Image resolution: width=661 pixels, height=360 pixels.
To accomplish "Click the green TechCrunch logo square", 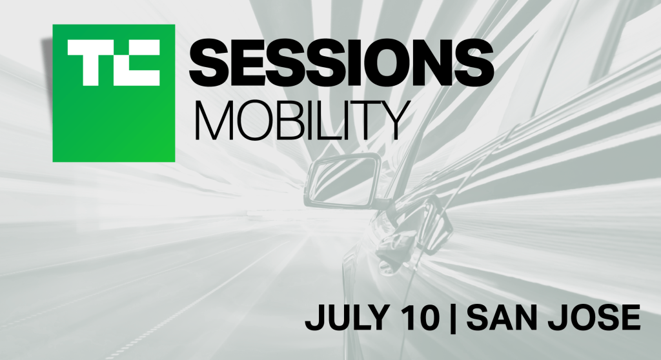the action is point(114,93).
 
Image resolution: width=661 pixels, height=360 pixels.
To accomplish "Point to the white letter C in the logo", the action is point(137,63).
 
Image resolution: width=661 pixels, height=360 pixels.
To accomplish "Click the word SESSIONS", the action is point(341,62).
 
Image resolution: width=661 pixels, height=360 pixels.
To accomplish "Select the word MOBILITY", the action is point(302,120).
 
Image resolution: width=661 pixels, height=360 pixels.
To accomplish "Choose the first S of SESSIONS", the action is point(209,62).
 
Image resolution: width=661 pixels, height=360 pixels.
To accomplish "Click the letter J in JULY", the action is point(314,318).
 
